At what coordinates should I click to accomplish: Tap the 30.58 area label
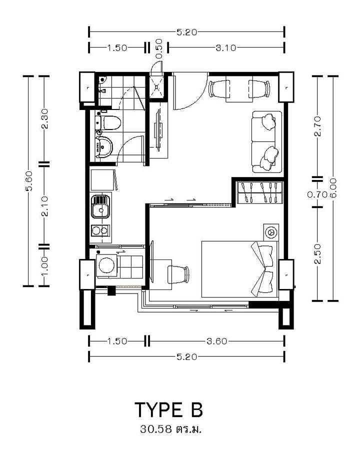(x=155, y=429)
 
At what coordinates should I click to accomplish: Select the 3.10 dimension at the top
(x=226, y=47)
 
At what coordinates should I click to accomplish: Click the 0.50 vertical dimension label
(x=159, y=48)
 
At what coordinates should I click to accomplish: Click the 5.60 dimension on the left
(x=28, y=180)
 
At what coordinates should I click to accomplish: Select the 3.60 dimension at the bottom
(x=217, y=341)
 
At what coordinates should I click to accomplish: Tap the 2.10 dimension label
(x=44, y=206)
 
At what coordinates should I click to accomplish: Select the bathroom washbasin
(x=104, y=146)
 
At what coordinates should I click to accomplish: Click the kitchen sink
(x=100, y=207)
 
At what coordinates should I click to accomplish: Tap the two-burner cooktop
(x=100, y=230)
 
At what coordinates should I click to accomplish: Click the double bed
(x=239, y=269)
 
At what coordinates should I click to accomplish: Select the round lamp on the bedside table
(x=270, y=232)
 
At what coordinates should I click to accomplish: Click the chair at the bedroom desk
(x=178, y=274)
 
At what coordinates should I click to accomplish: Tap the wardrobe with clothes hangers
(x=260, y=192)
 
